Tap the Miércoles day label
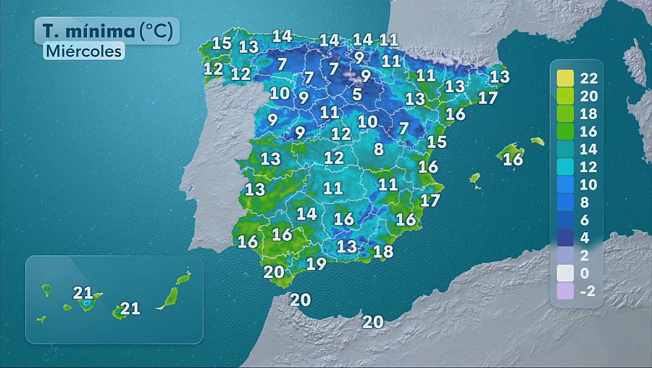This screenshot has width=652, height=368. [83, 52]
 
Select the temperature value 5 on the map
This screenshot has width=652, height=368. [356, 94]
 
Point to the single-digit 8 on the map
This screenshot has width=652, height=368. [378, 150]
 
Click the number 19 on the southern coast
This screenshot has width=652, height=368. [316, 263]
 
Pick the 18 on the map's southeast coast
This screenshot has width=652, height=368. [383, 252]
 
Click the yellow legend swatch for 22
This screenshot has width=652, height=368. [566, 78]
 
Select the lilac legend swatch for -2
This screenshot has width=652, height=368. [566, 291]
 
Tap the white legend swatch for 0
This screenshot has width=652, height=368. [566, 274]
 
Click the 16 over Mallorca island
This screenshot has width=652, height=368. [512, 159]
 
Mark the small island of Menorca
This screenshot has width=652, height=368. [537, 141]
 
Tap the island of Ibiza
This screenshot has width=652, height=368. [475, 178]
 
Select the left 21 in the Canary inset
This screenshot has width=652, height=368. [83, 293]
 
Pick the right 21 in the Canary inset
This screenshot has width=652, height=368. [130, 308]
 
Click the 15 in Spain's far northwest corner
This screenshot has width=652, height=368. [222, 43]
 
